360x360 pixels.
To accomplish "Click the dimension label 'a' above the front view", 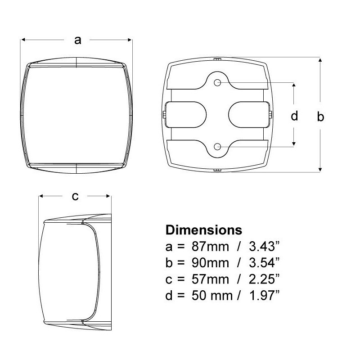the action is point(78,40).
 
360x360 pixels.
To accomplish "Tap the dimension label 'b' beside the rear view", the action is point(320,117).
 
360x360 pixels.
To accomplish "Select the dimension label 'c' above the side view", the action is point(75,197).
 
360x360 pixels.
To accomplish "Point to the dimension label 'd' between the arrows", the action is point(294,116).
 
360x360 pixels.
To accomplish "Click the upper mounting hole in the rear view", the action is point(217,82).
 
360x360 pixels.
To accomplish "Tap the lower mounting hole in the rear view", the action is point(217,147).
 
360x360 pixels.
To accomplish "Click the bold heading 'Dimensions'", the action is point(204,230).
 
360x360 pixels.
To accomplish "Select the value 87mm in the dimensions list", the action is point(210,247).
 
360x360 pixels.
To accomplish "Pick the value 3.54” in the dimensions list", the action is point(265,263).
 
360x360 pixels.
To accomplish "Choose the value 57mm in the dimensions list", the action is point(210,279).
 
